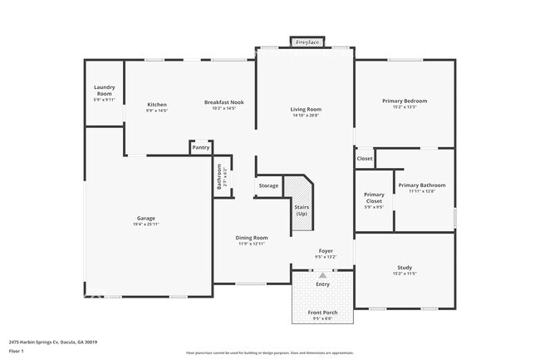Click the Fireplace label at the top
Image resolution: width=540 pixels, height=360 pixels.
[x=307, y=42]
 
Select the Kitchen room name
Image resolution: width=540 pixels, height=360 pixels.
[x=157, y=102]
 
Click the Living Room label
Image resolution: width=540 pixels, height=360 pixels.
[x=306, y=110]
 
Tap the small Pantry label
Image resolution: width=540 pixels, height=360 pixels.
[x=201, y=148]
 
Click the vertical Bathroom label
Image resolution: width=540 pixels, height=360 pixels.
[x=219, y=177]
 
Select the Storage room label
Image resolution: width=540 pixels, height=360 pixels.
[x=268, y=185]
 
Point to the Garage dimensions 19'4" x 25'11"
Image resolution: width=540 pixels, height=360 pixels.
[x=146, y=224]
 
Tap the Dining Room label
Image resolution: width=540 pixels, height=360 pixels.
[x=251, y=238]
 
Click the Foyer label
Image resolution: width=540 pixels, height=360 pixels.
[x=326, y=250]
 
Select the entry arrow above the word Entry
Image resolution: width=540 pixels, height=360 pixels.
[x=322, y=274]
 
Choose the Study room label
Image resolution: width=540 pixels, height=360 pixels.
[x=405, y=268]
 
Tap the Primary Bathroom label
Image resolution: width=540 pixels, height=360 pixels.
[x=421, y=185]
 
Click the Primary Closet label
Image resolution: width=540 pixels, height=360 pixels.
[x=374, y=198]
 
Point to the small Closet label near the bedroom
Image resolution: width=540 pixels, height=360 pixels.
[x=365, y=158]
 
